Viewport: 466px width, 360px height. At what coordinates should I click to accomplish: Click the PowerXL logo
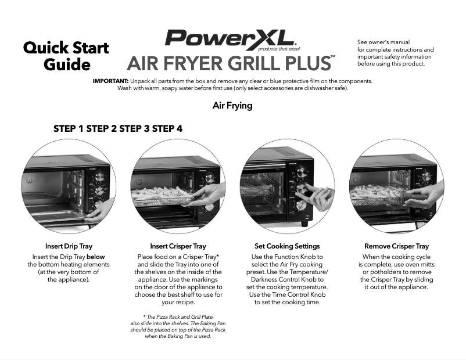click(x=230, y=38)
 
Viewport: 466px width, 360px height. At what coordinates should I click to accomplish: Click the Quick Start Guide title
click(x=66, y=56)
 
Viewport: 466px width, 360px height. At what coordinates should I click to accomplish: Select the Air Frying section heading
click(x=232, y=106)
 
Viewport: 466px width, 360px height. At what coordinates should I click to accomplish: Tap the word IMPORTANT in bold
click(x=110, y=81)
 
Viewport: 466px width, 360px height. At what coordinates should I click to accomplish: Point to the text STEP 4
click(x=167, y=128)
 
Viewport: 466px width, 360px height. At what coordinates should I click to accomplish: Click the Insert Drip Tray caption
click(x=69, y=246)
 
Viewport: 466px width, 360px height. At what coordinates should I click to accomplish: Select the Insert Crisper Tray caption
click(x=178, y=246)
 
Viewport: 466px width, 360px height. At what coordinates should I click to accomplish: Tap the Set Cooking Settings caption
click(x=287, y=246)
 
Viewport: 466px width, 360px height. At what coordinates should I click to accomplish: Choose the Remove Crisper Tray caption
click(x=396, y=246)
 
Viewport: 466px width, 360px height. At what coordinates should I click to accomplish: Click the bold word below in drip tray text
click(x=95, y=257)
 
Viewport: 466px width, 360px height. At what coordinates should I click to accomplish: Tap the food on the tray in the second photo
click(x=163, y=192)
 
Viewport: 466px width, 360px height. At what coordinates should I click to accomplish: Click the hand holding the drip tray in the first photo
click(x=96, y=215)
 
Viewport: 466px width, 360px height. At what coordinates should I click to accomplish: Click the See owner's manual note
click(x=395, y=53)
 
